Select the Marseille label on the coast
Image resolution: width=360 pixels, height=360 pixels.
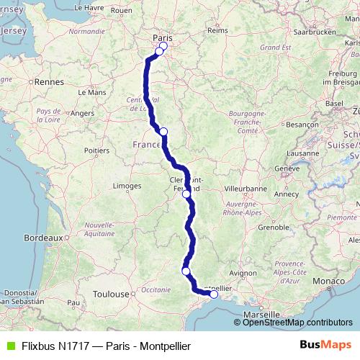261,315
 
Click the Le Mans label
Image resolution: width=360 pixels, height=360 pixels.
91,92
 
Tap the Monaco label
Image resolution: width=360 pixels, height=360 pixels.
334,279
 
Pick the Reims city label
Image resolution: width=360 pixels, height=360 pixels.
217,30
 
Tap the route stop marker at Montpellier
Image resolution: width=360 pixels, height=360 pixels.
214,294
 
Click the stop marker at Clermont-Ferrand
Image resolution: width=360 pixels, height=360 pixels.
186,194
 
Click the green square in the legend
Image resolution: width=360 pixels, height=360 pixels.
10,346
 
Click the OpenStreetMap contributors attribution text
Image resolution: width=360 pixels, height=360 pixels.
297,322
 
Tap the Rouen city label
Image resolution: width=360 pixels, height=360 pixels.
143,10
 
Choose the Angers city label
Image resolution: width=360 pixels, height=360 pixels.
83,113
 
